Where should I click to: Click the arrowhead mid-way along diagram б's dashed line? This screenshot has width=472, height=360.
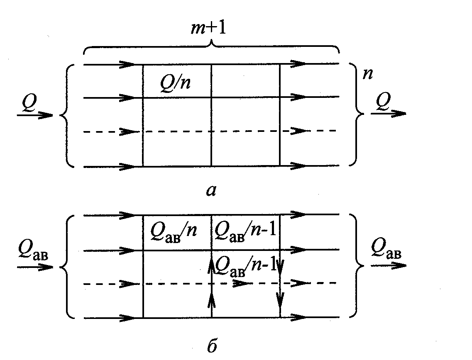pos(241,284)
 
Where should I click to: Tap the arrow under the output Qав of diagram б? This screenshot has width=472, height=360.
pos(388,265)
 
